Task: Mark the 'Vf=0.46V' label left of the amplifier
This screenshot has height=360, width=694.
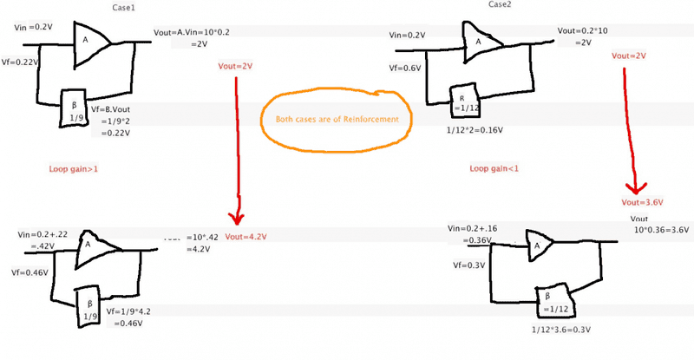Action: pyautogui.click(x=29, y=272)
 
